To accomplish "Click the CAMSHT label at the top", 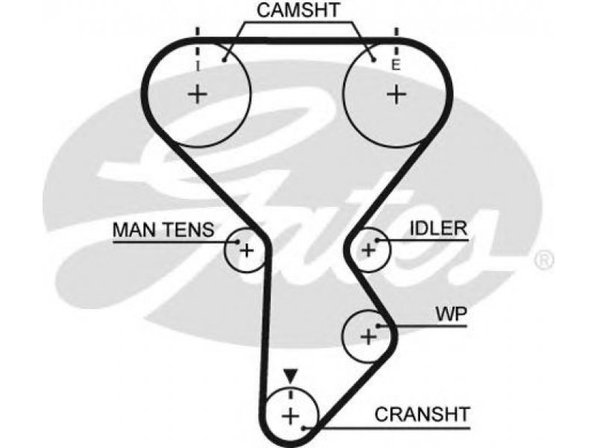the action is pos(298,10).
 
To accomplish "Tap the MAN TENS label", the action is pos(163,230).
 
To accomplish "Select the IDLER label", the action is pos(438,228).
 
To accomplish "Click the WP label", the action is pos(451,314).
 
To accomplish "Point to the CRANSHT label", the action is pos(422,414).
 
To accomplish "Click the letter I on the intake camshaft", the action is pos(197,66).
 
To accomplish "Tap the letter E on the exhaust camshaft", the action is pos(396,66).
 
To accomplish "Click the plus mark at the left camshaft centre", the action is pos(198,94).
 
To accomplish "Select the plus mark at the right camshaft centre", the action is pos(396,94).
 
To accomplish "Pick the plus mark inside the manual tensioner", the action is pos(247,251).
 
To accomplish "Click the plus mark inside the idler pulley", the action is pos(368,250).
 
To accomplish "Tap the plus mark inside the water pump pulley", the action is pos(368,337).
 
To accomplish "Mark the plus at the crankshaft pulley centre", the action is pos(290,416).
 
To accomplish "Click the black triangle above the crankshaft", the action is pos(290,376).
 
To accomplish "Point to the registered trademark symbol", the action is pos(543,260).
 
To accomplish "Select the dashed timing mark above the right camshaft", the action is pos(396,43).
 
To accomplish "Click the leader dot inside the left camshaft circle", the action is pos(225,60).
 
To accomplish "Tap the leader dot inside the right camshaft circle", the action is pos(374,60).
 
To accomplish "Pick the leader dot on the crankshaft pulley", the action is pos(304,428).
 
